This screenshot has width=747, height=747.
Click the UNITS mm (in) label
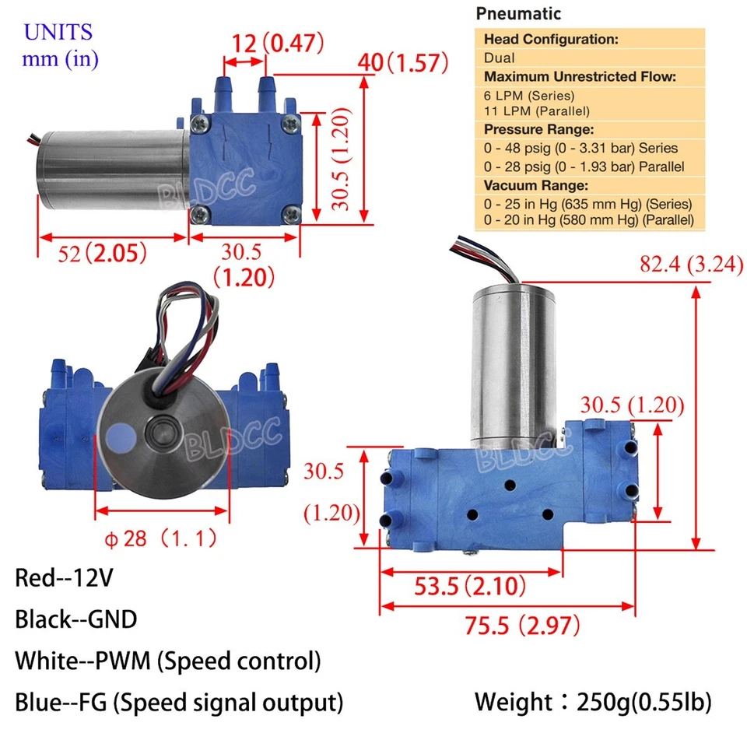pos(59,46)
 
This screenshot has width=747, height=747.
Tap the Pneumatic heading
pos(518,13)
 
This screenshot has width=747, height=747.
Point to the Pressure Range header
pos(538,129)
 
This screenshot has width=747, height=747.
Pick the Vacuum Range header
pos(536,185)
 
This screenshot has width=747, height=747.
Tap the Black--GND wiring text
pos(75,619)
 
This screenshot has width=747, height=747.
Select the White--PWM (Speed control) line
pos(167,661)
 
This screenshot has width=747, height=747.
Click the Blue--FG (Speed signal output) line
pos(179,703)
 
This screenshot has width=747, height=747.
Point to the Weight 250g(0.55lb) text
pos(592,703)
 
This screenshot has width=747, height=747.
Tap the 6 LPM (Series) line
pos(528,96)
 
